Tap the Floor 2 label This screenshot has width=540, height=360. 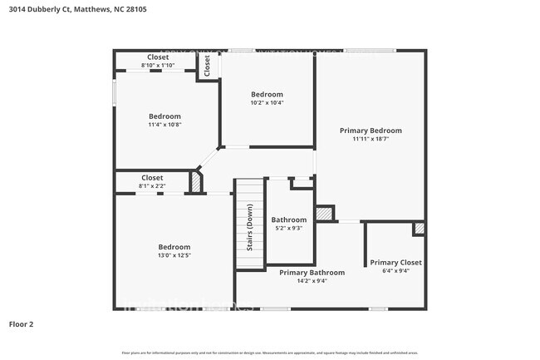21,323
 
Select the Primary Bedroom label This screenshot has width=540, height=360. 371,131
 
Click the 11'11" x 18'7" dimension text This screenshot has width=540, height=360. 371,140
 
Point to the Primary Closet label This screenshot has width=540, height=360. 395,262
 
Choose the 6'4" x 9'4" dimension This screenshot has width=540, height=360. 395,271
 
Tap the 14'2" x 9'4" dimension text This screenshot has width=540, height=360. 312,281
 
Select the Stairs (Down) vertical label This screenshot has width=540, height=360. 249,227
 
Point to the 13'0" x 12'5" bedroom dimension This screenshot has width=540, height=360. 174,255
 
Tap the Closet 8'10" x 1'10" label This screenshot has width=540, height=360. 158,61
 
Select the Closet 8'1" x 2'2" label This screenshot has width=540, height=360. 152,181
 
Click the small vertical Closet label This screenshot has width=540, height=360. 207,67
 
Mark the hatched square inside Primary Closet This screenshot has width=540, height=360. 419,228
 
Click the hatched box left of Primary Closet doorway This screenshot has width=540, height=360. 325,214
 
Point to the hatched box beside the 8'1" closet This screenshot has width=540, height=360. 197,182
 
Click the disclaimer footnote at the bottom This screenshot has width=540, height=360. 270,353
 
